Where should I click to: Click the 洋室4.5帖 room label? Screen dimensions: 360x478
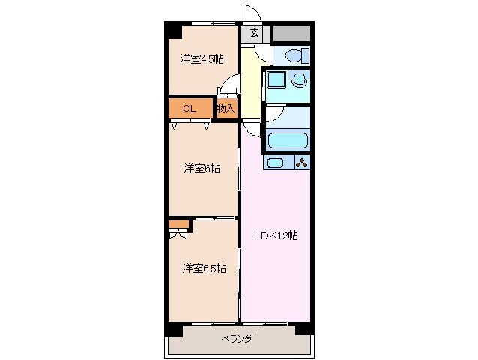(202, 59)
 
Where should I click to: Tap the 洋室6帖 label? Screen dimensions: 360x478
(202, 169)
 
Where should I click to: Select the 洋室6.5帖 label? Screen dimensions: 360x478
(204, 268)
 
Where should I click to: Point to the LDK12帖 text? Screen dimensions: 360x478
(274, 235)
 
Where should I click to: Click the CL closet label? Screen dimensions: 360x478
(190, 109)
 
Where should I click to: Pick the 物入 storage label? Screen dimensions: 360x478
(226, 109)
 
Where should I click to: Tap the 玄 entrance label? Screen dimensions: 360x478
(255, 33)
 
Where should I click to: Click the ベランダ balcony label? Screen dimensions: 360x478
(236, 339)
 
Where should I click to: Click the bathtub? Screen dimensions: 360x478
(287, 140)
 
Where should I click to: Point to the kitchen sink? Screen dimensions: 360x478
(275, 163)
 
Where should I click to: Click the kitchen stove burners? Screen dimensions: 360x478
(301, 163)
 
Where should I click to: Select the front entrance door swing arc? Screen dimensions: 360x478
(249, 15)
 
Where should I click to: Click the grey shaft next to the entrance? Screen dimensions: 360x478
(291, 33)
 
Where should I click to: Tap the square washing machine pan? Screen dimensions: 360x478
(275, 81)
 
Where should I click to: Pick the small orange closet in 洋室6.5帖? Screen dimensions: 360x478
(177, 223)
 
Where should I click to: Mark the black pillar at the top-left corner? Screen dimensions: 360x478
(173, 31)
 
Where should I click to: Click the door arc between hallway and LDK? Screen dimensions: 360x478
(251, 127)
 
